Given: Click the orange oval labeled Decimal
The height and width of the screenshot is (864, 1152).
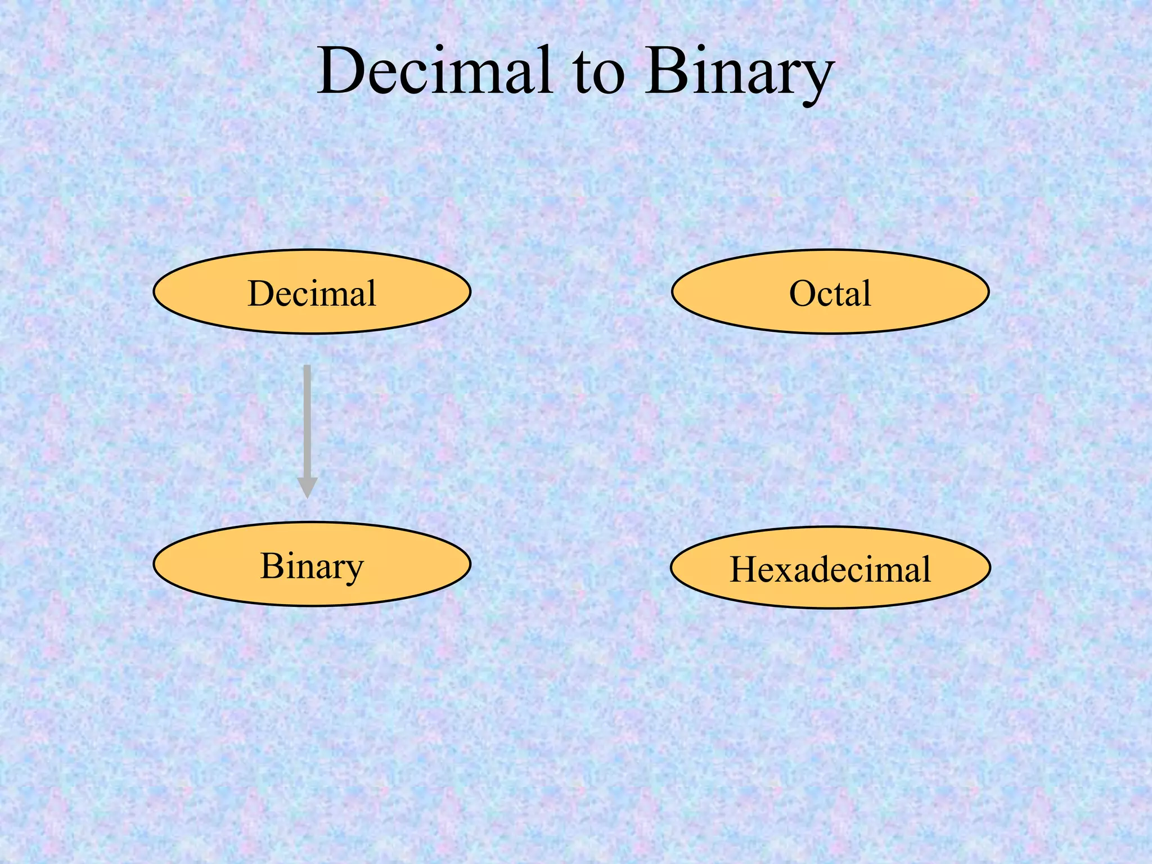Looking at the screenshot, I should tap(312, 292).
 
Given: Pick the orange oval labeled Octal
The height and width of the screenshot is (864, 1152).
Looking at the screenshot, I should tap(830, 292).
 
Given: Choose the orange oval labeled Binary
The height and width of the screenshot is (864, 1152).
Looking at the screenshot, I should tap(312, 564).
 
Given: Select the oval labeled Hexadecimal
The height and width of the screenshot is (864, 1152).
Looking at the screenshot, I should tap(830, 568).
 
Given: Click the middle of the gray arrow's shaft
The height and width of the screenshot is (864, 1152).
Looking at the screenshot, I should tap(307, 422).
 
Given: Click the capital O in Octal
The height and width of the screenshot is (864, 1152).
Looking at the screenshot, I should tap(803, 293).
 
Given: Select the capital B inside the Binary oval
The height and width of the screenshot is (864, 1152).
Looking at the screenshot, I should tap(274, 565).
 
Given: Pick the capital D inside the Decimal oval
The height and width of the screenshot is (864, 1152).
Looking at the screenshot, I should tap(264, 293).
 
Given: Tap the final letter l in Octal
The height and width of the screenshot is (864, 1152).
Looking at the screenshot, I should tap(867, 292).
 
